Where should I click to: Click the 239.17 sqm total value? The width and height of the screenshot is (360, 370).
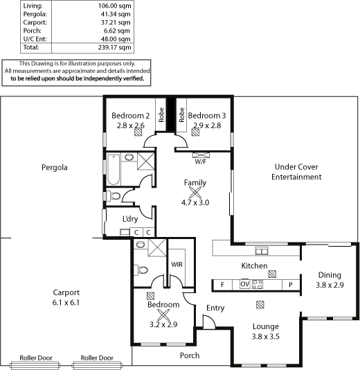[115, 47]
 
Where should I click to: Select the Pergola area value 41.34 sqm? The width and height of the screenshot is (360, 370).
[116, 14]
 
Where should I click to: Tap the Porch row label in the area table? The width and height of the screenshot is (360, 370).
[33, 30]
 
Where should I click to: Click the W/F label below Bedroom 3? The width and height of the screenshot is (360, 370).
[201, 161]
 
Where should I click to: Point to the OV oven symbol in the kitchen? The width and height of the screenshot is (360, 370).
[244, 284]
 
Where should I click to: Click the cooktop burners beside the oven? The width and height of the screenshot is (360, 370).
[258, 284]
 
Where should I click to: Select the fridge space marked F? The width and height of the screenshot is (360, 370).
[222, 285]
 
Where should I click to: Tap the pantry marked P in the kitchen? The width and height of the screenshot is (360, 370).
[291, 285]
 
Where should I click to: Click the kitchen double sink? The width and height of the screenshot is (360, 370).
[262, 251]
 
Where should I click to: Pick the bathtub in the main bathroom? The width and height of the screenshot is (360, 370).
[114, 169]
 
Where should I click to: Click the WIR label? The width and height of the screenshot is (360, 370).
[177, 264]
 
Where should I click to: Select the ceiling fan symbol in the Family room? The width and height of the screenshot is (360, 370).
[195, 193]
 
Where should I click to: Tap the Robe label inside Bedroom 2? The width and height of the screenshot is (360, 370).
[161, 115]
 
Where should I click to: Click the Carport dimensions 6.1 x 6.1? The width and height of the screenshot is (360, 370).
[66, 302]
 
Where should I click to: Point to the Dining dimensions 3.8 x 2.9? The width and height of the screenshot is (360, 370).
[330, 285]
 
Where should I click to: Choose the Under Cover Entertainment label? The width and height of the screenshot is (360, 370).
[296, 172]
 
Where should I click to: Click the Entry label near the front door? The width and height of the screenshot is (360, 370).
[215, 308]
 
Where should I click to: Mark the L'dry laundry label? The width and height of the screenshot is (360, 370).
[130, 219]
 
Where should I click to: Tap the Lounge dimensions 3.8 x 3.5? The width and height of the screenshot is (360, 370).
[266, 336]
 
